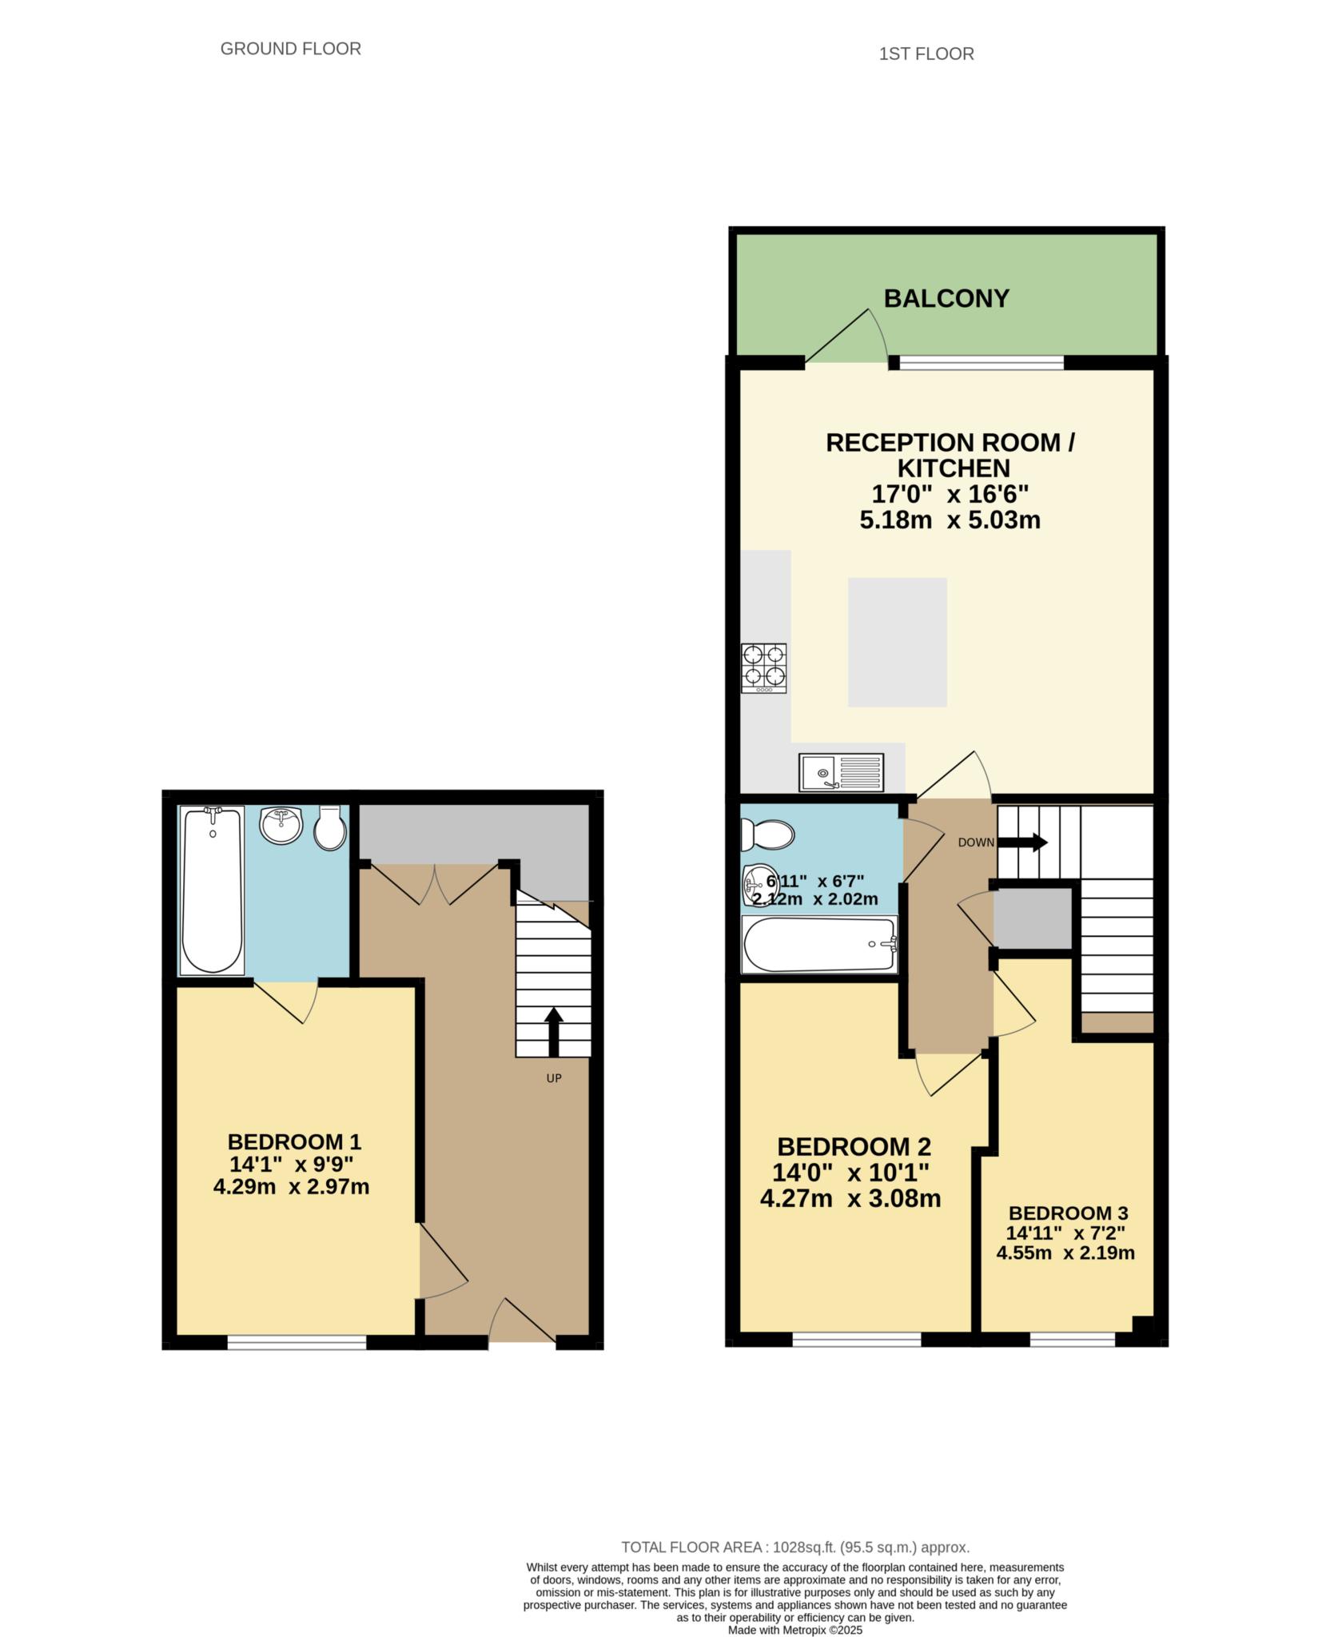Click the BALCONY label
coord(946,298)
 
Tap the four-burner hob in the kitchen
coord(763,668)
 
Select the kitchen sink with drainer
coord(841,773)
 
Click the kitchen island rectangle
coord(897,642)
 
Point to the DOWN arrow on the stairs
coord(1022,842)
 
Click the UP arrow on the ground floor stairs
coord(553,1033)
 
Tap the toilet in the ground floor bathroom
coord(329,828)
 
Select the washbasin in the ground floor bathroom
coord(281,825)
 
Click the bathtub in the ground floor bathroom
coord(212,890)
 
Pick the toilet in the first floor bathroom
coord(767,836)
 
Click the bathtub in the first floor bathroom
coord(820,944)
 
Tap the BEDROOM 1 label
coord(294,1141)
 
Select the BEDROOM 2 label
coord(854,1147)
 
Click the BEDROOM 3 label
coord(1068,1213)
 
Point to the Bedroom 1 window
coord(297,1342)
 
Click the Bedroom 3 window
coord(1072,1339)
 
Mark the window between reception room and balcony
coord(982,363)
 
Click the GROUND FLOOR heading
coord(291,49)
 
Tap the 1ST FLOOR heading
coord(926,54)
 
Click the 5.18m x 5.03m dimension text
coord(950,520)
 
